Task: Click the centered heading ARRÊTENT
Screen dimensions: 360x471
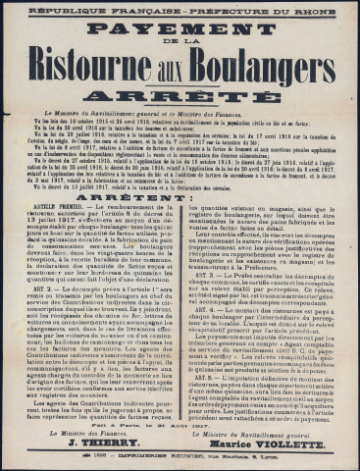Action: pos(180,197)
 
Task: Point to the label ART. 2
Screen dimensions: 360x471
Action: pos(36,292)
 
